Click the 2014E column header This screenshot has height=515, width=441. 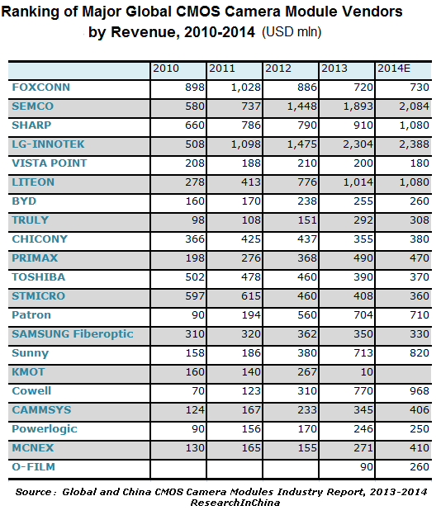click(394, 69)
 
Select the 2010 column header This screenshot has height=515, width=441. click(166, 69)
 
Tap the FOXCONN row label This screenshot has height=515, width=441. click(41, 87)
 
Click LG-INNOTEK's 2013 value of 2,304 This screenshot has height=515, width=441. click(358, 144)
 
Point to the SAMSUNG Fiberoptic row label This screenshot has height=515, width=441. click(73, 334)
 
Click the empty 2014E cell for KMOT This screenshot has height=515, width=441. click(403, 372)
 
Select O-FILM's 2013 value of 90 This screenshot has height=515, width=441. click(367, 467)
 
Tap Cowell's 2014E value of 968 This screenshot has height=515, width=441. click(420, 391)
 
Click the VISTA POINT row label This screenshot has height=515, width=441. click(50, 163)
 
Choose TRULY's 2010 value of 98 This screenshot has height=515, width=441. click(198, 220)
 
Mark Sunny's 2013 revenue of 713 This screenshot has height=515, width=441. click(363, 353)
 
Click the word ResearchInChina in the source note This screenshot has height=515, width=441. click(235, 503)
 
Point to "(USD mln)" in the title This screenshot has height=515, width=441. click(292, 32)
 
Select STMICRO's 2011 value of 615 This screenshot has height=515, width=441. click(251, 296)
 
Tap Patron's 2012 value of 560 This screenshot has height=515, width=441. click(307, 315)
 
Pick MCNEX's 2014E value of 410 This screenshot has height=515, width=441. click(420, 448)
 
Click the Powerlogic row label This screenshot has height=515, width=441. click(45, 429)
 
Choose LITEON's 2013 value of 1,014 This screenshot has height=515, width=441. click(358, 182)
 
